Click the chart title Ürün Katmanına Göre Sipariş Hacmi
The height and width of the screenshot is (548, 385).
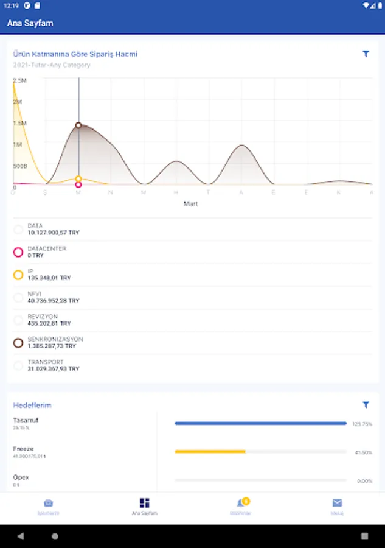tap(75, 54)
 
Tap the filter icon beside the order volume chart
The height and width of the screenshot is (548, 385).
tap(366, 54)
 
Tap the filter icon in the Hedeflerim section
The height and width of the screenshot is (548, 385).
tap(366, 405)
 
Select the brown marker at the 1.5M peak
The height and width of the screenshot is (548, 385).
tap(78, 125)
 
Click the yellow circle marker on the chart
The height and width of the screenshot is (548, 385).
tap(78, 179)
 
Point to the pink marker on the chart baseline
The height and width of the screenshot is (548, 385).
tap(78, 184)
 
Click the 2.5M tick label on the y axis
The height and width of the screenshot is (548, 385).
tap(19, 80)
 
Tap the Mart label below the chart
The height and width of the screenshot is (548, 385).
tap(190, 204)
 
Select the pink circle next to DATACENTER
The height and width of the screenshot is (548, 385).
tap(18, 252)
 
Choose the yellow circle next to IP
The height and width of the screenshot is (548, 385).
tap(18, 275)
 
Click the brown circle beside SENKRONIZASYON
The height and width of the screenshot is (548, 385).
tap(18, 343)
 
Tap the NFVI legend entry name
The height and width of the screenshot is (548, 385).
tap(35, 294)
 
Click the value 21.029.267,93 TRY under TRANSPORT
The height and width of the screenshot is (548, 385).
tap(54, 369)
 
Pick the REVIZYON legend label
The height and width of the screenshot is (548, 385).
tap(43, 317)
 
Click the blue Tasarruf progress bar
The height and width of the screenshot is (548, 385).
tap(260, 423)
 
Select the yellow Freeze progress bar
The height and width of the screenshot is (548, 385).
tap(210, 452)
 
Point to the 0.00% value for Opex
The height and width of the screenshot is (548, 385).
tap(364, 481)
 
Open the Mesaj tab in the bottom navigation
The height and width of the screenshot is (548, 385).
tap(337, 507)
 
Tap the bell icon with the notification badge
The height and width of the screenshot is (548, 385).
tap(241, 504)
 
